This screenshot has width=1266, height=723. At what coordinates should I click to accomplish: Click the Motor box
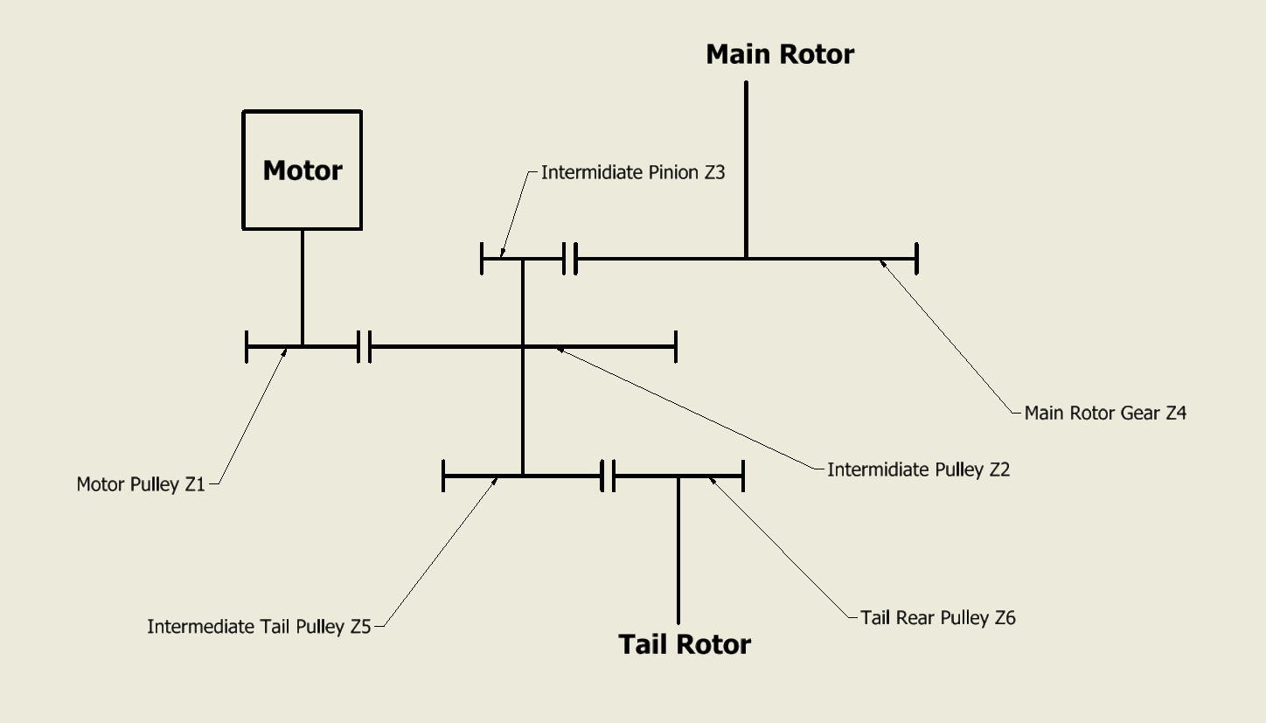pyautogui.click(x=302, y=170)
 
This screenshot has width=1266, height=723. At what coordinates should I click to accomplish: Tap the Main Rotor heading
pyautogui.click(x=780, y=54)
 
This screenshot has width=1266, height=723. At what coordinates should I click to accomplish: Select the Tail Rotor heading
pyautogui.click(x=685, y=644)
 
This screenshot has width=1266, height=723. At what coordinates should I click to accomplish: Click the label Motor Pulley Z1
pyautogui.click(x=141, y=484)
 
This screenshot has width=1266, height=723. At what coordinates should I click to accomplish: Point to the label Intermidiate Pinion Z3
pyautogui.click(x=633, y=172)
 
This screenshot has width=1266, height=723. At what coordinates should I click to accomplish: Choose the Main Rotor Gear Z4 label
pyautogui.click(x=1105, y=413)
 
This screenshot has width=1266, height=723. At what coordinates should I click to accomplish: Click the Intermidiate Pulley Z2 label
pyautogui.click(x=918, y=469)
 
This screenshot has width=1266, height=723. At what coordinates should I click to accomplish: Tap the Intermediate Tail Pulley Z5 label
pyautogui.click(x=259, y=627)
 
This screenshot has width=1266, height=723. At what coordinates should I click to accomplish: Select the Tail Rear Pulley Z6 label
pyautogui.click(x=937, y=618)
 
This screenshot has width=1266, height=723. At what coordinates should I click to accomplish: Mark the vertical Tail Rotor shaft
pyautogui.click(x=678, y=551)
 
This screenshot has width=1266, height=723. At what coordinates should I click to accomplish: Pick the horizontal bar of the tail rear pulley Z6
pyautogui.click(x=678, y=476)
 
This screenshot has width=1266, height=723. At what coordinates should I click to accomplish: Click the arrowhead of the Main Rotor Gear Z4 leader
pyautogui.click(x=883, y=261)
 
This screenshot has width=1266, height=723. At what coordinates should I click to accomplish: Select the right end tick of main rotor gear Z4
pyautogui.click(x=915, y=259)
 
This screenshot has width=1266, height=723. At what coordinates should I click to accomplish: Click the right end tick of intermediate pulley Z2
pyautogui.click(x=675, y=347)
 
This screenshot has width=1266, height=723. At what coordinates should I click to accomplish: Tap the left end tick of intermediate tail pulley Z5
pyautogui.click(x=444, y=476)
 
